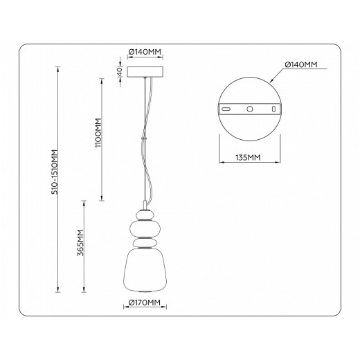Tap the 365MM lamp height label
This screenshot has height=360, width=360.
81,242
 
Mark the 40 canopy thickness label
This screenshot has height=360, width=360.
119,71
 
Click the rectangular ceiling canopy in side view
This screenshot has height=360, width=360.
145,72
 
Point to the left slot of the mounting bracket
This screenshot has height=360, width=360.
226,109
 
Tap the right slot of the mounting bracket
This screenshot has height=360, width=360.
275,109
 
